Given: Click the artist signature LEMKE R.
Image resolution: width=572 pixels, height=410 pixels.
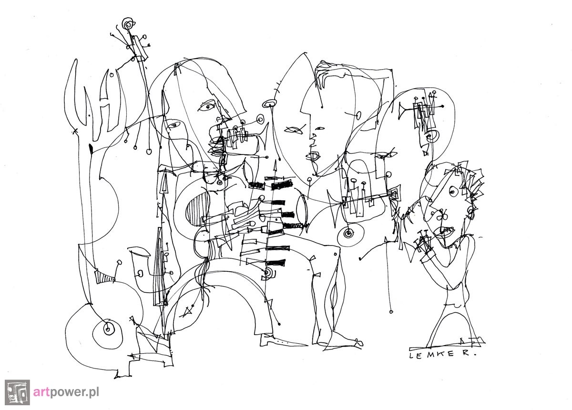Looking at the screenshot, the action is point(443,355).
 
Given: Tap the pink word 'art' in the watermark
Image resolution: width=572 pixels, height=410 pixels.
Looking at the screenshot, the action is point(41,391).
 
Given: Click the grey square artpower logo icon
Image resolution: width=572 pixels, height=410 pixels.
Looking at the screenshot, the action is point(17,392).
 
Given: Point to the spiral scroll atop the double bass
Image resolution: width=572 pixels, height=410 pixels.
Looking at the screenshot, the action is point(128,24).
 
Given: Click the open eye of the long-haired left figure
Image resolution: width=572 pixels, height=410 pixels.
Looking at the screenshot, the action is point(207,106).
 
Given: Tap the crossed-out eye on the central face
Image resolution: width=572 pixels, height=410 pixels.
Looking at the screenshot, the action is point(295,130).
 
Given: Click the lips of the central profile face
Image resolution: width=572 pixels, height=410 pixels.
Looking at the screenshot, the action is point(313,156).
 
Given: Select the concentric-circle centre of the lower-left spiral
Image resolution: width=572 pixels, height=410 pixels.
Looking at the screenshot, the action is point(108,329).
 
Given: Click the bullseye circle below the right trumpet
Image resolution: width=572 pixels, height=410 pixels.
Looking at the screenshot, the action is point(347,233).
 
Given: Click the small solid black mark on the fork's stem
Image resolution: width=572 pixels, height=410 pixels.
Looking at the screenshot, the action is point(91,149).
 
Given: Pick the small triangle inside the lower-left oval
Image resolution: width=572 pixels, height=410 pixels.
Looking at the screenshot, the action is point(188,312).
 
